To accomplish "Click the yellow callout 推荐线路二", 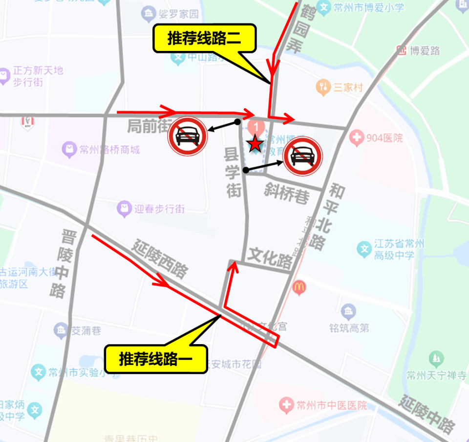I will click(205, 39).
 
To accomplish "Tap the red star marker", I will click(255, 144).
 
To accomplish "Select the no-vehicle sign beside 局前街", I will click(188, 137).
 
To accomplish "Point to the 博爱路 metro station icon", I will click(402, 50).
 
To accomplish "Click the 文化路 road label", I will click(271, 256).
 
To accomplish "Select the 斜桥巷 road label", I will click(287, 194).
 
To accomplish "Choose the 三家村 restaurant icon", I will click(322, 87).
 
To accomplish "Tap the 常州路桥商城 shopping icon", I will click(70, 149).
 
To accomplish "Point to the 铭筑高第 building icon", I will click(348, 311).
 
